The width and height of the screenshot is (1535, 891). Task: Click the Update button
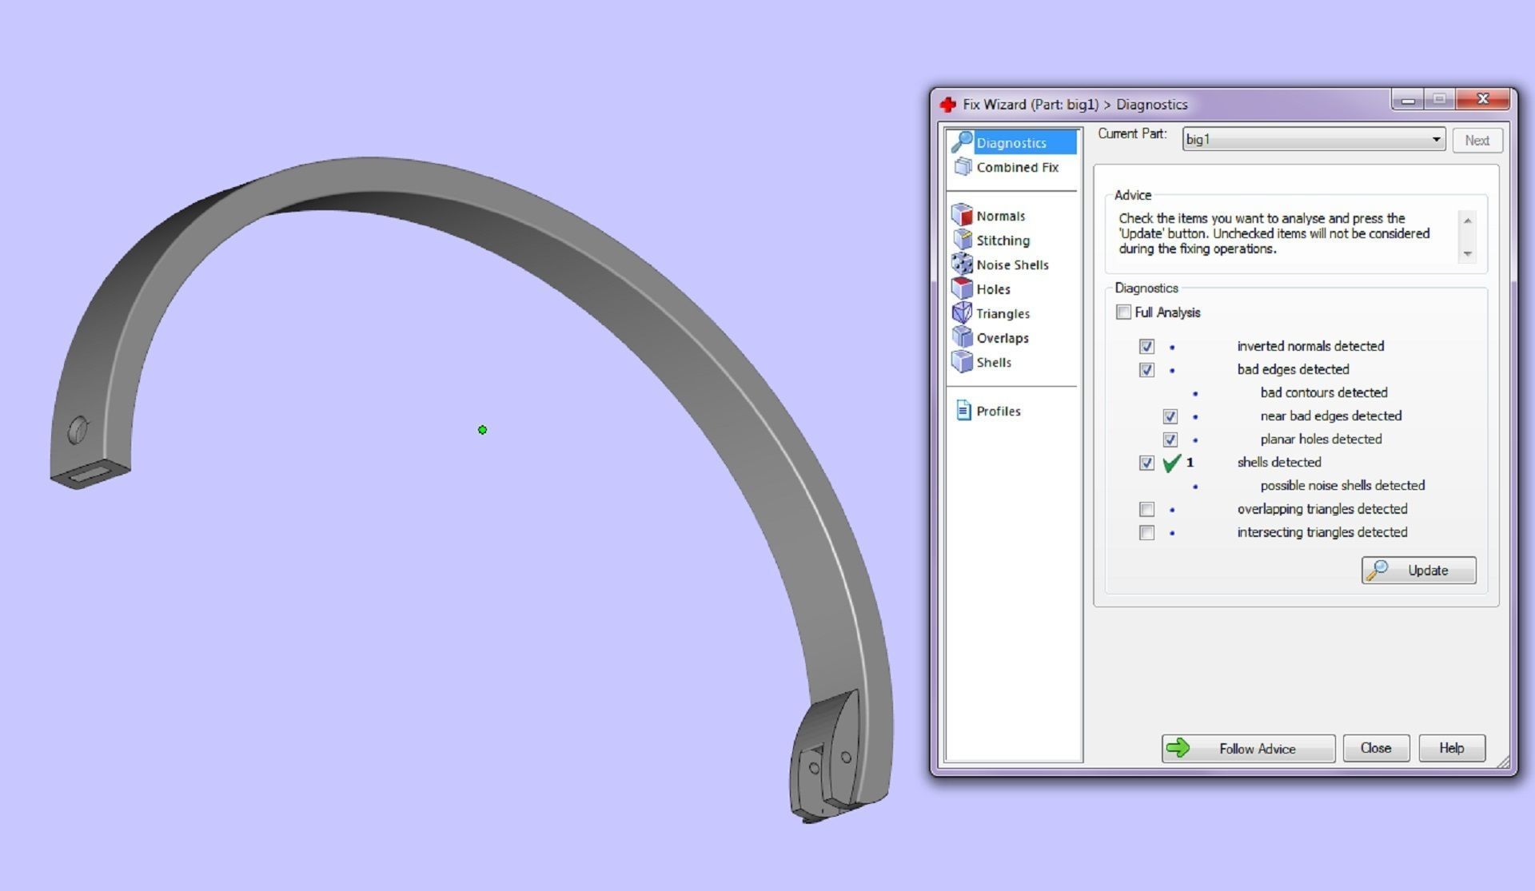tap(1418, 571)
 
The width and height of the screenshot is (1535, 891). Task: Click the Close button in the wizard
tap(1375, 748)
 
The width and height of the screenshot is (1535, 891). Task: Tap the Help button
tap(1451, 748)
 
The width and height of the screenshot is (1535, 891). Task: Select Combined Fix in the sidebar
tap(1016, 167)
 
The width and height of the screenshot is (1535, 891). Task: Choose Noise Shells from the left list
tap(1011, 265)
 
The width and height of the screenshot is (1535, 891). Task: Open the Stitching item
tap(1002, 241)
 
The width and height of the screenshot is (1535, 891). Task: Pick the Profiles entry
tap(998, 411)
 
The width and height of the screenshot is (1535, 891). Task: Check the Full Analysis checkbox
tap(1123, 312)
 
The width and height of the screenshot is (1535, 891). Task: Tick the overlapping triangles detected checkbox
tap(1146, 509)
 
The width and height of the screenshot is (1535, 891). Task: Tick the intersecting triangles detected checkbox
tap(1146, 532)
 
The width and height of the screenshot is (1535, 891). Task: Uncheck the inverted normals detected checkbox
tap(1146, 346)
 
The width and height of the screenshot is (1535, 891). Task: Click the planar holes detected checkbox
tap(1170, 440)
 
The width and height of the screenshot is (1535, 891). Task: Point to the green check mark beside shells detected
tap(1171, 463)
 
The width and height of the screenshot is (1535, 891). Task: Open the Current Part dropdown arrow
tap(1436, 140)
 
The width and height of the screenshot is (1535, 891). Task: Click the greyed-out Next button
tap(1477, 141)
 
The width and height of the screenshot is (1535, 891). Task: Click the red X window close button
tap(1484, 99)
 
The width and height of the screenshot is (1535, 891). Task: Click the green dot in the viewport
tap(482, 430)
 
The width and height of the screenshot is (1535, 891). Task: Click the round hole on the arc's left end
tap(78, 430)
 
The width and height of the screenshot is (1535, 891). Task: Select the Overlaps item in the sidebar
tap(1002, 338)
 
